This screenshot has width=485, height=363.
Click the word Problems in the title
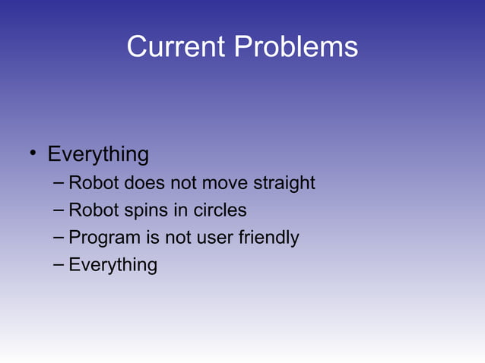pos(296,47)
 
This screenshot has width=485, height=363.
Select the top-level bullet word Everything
pos(98,155)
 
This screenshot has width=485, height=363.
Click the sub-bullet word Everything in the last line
pos(113,265)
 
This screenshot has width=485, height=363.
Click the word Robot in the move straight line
pos(94,183)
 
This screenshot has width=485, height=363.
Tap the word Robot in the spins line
pos(94,210)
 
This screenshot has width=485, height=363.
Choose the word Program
pos(104,238)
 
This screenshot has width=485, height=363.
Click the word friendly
pos(268,238)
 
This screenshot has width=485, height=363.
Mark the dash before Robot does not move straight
pos(59,183)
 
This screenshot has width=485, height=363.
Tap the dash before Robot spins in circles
pos(59,210)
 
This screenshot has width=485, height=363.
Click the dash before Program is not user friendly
pos(59,238)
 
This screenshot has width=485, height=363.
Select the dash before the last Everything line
pos(59,265)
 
